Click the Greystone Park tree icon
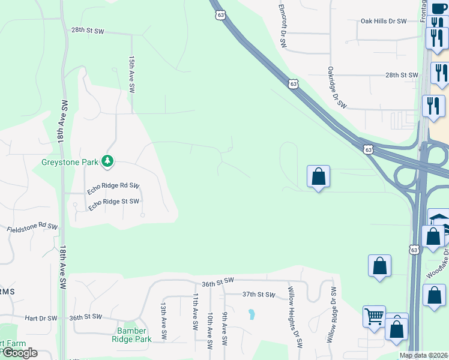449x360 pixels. tap(107, 161)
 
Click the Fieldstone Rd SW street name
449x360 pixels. tap(32, 228)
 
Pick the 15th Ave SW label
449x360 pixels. tap(131, 74)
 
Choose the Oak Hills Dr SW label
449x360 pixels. tap(384, 21)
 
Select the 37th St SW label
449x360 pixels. tap(258, 295)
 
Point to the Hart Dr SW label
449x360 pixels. tap(41, 318)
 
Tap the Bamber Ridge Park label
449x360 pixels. tap(131, 335)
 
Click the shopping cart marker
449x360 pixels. tap(374, 315)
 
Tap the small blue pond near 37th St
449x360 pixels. tap(252, 314)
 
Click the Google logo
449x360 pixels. tap(19, 353)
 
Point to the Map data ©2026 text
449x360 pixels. tap(423, 355)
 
